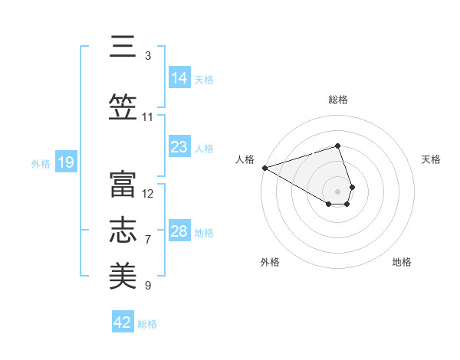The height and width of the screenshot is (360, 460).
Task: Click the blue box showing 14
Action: coord(179,77)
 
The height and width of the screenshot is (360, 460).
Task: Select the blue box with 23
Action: coord(179,147)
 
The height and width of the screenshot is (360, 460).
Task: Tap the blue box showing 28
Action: coord(179,231)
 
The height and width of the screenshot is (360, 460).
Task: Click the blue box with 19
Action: coord(66,162)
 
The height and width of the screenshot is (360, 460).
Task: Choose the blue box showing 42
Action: coord(123,322)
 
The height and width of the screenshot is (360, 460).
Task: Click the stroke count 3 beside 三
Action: coord(148,56)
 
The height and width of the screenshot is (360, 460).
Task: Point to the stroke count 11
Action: coord(148,117)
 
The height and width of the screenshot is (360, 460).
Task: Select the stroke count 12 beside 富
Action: coord(148,193)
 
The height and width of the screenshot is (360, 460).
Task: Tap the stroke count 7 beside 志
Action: coord(148,240)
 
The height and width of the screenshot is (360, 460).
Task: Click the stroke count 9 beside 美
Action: coord(148,286)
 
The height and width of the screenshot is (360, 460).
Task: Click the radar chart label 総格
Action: coord(338,100)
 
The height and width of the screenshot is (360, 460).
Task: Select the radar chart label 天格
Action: coord(432,159)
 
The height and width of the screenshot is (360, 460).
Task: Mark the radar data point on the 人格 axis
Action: coord(264,167)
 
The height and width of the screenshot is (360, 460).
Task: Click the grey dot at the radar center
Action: coord(338,191)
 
